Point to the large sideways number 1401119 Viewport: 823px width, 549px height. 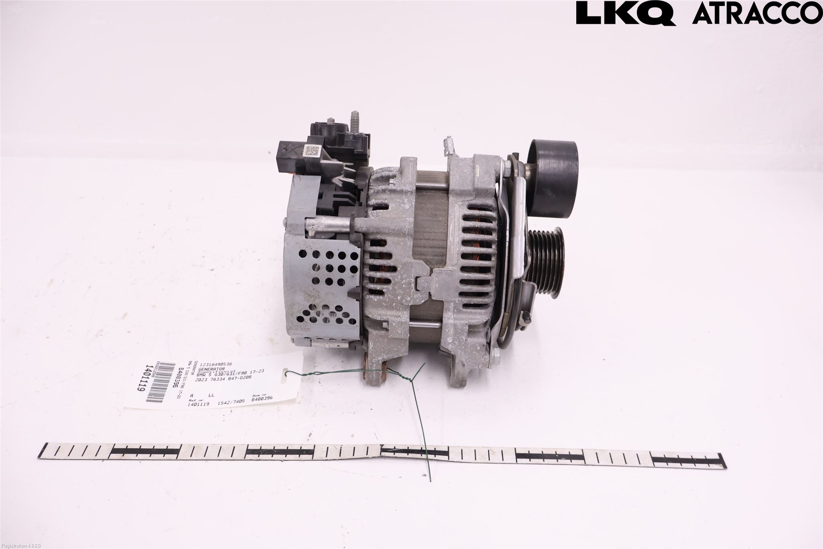tap(141, 383)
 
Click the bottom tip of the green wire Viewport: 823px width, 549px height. tap(430, 480)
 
